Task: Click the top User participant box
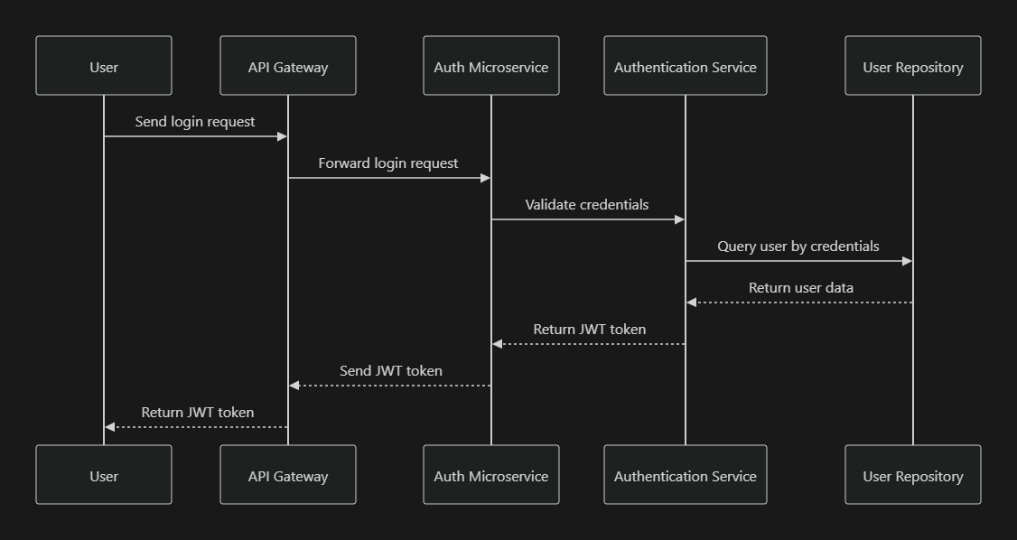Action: point(104,66)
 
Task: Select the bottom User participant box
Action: point(104,475)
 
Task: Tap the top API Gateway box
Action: point(288,66)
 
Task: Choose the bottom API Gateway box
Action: point(288,475)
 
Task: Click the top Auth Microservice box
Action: point(490,66)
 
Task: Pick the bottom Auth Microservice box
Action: point(490,475)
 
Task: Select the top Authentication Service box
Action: point(685,66)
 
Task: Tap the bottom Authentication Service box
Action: point(685,475)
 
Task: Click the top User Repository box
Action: point(912,66)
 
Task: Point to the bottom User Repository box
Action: point(912,475)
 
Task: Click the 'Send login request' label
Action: point(195,121)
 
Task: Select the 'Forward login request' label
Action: point(388,163)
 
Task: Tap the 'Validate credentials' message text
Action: point(587,205)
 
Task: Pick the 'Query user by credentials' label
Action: point(798,247)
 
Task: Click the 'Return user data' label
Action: point(800,288)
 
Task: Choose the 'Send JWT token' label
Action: point(390,371)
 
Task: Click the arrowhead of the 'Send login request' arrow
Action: point(282,136)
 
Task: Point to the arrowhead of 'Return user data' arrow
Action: point(692,303)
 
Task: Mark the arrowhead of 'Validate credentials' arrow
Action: point(679,219)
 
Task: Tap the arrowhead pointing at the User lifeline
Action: point(110,427)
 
